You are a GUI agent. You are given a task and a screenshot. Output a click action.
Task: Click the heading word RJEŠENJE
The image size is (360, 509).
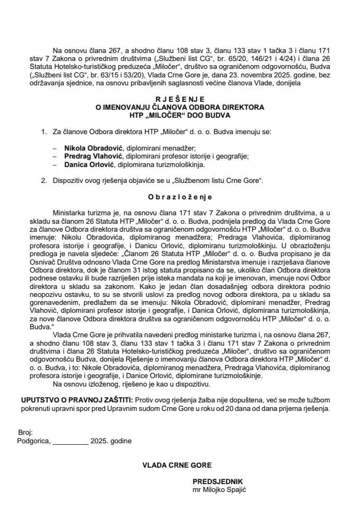coord(180,99)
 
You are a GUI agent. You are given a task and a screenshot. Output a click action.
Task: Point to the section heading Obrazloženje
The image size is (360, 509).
coord(180,196)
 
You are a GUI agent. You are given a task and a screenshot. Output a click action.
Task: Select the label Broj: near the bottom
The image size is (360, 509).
coord(25,433)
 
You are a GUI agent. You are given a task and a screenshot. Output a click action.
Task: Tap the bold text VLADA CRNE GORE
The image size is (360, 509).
coord(177,465)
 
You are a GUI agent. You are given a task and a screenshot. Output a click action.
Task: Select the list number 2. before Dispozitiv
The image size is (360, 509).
coord(43,180)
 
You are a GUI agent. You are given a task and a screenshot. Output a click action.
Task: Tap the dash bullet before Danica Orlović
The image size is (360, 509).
coord(55,165)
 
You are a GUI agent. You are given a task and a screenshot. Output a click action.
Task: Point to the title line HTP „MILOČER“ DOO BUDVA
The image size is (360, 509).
coord(180,115)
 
